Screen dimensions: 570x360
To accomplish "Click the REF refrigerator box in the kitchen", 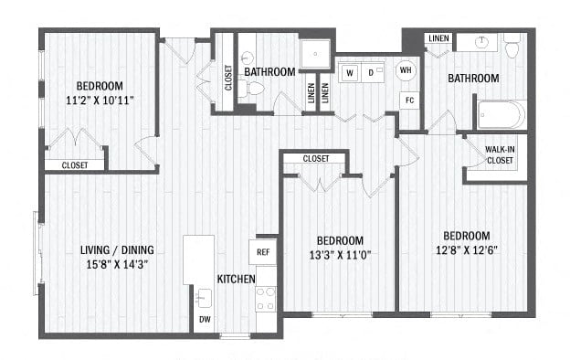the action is pyautogui.click(x=263, y=252).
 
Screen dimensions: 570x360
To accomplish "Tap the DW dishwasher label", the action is pyautogui.click(x=205, y=320).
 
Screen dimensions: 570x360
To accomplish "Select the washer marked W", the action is pyautogui.click(x=350, y=73).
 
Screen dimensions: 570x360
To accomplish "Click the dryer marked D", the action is pyautogui.click(x=372, y=73).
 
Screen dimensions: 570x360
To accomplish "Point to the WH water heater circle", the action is pyautogui.click(x=406, y=69).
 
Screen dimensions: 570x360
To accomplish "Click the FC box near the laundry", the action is pyautogui.click(x=409, y=101).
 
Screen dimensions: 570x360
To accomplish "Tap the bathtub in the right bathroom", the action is pyautogui.click(x=501, y=114).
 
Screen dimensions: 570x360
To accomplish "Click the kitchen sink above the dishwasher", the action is pyautogui.click(x=204, y=298).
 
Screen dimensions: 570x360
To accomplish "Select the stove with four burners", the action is pyautogui.click(x=266, y=299).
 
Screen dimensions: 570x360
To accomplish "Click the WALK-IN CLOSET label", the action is pyautogui.click(x=500, y=155).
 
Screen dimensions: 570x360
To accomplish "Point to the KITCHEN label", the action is pyautogui.click(x=237, y=280).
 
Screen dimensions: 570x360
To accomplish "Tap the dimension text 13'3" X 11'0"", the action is pyautogui.click(x=340, y=255).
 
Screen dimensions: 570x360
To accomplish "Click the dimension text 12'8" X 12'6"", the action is pyautogui.click(x=467, y=250).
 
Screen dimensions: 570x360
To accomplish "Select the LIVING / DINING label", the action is pyautogui.click(x=117, y=249).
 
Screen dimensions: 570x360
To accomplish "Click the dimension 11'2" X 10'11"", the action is pyautogui.click(x=100, y=100).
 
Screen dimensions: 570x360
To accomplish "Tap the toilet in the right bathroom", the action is pyautogui.click(x=512, y=46).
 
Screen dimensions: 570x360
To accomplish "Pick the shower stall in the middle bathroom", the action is pyautogui.click(x=315, y=54).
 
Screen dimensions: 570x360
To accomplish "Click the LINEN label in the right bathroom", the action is pyautogui.click(x=438, y=38).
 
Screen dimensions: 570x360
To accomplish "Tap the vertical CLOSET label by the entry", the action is pyautogui.click(x=228, y=78).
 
